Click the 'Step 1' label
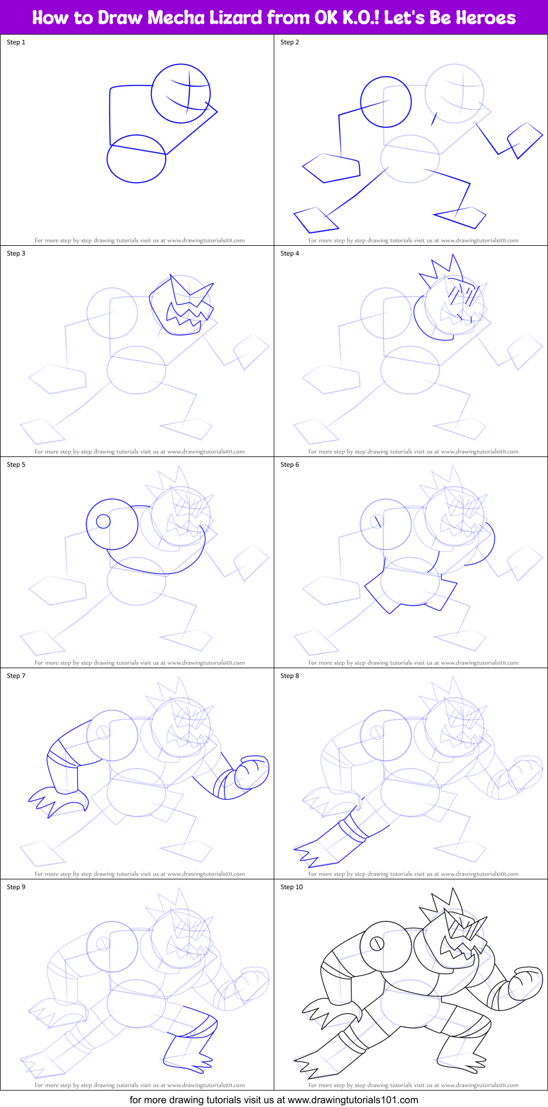16,42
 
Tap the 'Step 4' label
290,253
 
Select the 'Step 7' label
16,676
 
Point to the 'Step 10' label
291,887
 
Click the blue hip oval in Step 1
136,159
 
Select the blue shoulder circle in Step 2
386,102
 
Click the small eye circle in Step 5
103,521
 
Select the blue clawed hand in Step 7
58,801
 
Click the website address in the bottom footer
353,1099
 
